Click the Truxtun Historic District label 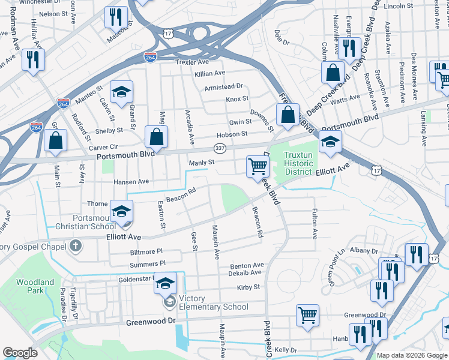pyautogui.click(x=298, y=164)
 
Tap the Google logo pyautogui.click(x=20, y=353)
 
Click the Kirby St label pyautogui.click(x=248, y=287)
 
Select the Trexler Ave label pyautogui.click(x=192, y=62)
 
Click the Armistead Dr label pyautogui.click(x=223, y=86)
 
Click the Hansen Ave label pyautogui.click(x=131, y=181)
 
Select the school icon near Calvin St pyautogui.click(x=122, y=91)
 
